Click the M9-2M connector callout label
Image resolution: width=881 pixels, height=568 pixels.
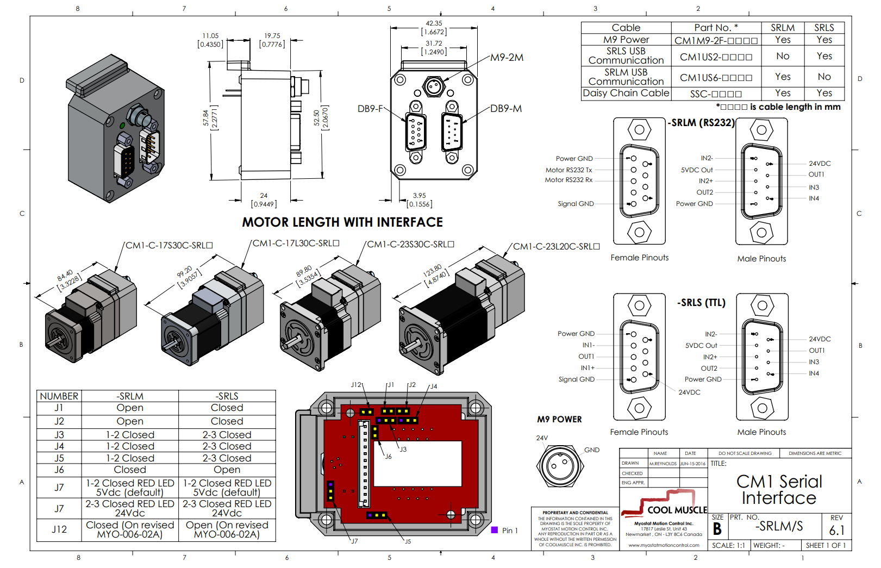click(x=507, y=58)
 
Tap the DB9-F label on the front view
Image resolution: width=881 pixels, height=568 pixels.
click(x=370, y=109)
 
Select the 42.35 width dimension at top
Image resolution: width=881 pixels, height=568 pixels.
click(x=434, y=23)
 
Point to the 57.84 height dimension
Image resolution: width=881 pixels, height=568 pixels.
click(x=206, y=118)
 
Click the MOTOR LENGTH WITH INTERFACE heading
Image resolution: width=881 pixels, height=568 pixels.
click(x=342, y=222)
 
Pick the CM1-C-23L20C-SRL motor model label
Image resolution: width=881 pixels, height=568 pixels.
click(x=556, y=246)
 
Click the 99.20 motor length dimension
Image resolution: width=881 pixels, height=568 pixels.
click(x=184, y=271)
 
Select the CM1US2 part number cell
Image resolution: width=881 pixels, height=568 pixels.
click(x=716, y=57)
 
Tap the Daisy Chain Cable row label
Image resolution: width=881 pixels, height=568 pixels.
click(x=626, y=93)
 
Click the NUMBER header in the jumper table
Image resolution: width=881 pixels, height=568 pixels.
click(x=59, y=396)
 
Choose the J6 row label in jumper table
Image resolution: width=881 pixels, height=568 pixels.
click(x=59, y=470)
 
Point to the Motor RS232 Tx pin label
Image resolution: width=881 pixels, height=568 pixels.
click(x=568, y=170)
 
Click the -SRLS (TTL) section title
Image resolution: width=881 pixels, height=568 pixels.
click(x=701, y=303)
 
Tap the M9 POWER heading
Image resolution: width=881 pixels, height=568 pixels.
click(x=559, y=419)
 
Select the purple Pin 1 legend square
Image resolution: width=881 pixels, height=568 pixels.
click(x=495, y=530)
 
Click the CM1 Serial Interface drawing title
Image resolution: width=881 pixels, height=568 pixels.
click(x=779, y=489)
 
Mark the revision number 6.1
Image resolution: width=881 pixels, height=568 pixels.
click(x=836, y=530)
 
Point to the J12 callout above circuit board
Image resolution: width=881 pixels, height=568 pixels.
click(x=355, y=385)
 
